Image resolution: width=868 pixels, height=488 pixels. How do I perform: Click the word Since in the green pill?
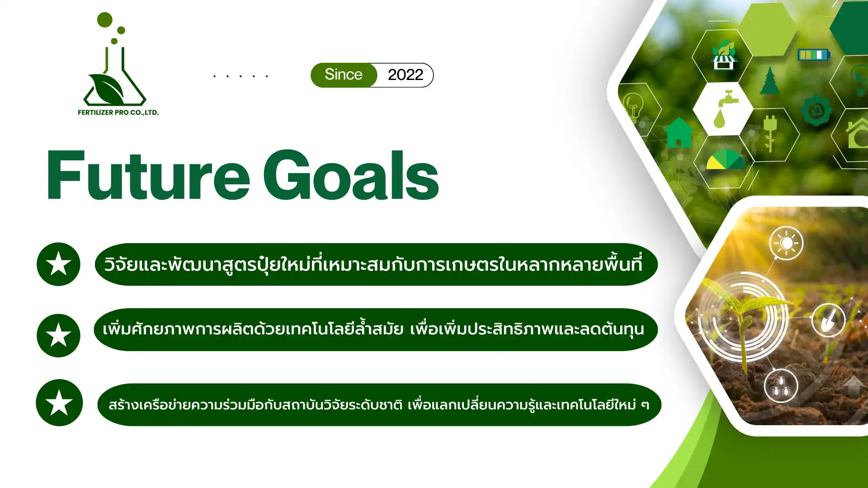tap(344, 75)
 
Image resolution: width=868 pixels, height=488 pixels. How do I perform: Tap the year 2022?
tap(406, 75)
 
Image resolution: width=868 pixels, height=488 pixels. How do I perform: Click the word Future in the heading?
tap(148, 175)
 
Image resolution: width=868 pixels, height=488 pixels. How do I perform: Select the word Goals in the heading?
tap(351, 175)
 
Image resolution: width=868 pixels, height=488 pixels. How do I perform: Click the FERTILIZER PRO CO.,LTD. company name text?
tap(118, 113)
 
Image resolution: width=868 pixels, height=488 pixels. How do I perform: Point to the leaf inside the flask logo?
tap(107, 89)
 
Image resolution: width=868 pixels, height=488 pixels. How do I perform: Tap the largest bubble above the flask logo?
tap(105, 19)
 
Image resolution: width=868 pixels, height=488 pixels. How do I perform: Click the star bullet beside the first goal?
tap(58, 264)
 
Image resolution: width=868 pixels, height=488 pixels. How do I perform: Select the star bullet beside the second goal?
tap(58, 336)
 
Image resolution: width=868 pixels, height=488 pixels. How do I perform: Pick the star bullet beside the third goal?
tap(59, 403)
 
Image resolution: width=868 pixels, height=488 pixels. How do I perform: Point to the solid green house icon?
tap(679, 132)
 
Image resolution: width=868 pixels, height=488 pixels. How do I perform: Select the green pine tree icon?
tap(769, 81)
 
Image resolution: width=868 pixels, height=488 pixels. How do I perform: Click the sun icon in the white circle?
tap(786, 243)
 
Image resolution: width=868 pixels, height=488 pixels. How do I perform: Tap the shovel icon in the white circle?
tap(828, 320)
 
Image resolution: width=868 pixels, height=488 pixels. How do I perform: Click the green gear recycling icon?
tap(816, 111)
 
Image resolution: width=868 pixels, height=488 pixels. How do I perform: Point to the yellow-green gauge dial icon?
tap(726, 160)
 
